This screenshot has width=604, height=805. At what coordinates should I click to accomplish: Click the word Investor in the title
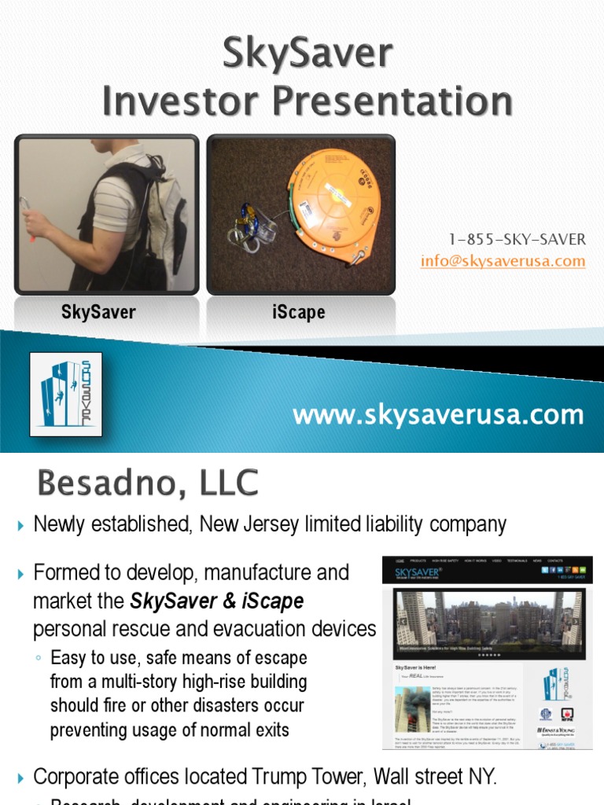(193, 102)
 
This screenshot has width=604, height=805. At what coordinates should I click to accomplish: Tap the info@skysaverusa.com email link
(503, 260)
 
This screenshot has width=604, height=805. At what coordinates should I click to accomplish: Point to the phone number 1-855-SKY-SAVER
(517, 239)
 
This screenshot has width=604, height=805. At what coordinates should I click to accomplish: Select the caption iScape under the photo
(299, 312)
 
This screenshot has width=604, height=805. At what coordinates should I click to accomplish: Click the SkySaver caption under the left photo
(98, 312)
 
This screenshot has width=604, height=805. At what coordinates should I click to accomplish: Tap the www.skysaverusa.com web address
(438, 414)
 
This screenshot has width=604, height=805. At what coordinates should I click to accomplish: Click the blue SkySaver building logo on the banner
(66, 394)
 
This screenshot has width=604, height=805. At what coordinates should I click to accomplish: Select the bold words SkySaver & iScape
(216, 601)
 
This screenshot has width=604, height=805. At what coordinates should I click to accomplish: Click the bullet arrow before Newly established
(21, 525)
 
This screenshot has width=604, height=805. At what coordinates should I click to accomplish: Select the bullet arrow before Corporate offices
(21, 778)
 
